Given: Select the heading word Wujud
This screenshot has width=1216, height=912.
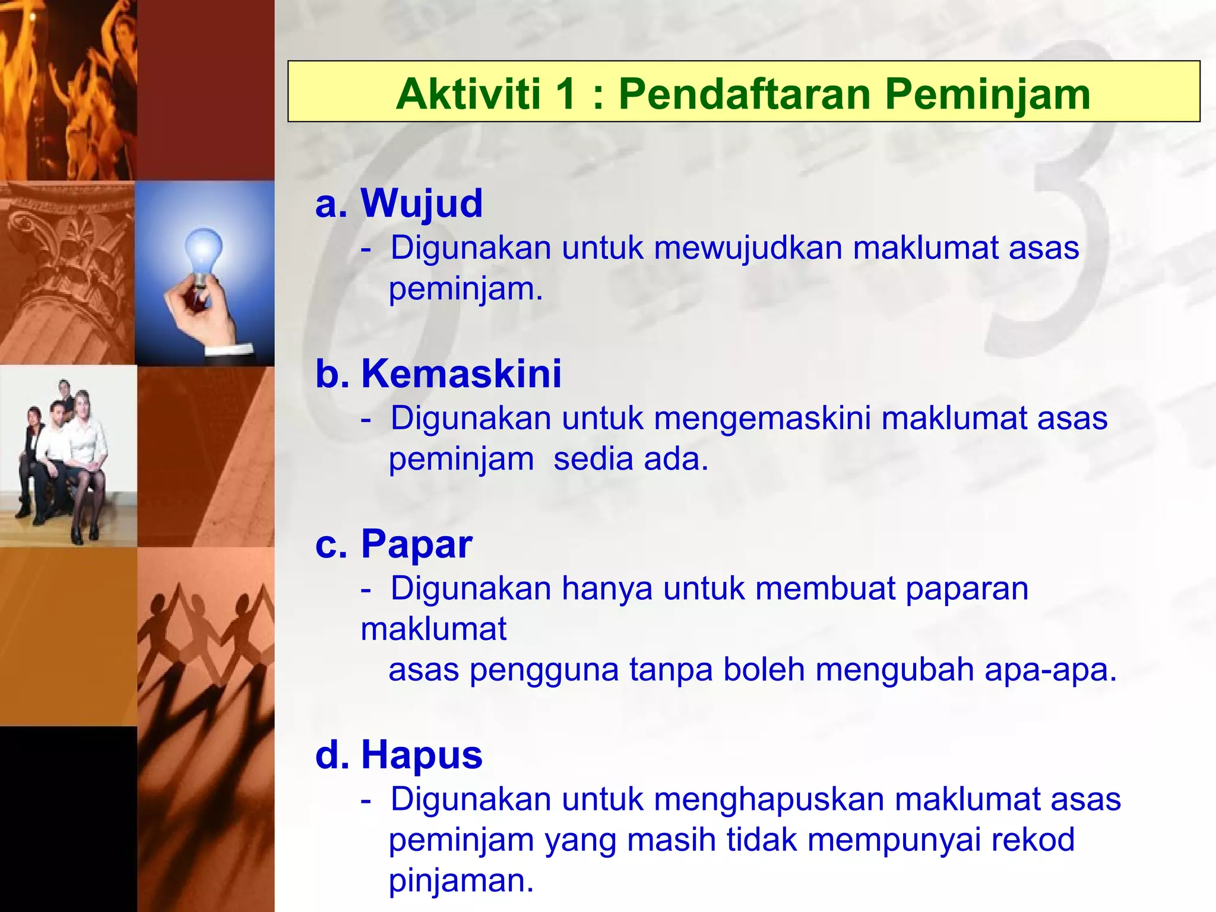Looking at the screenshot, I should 422,203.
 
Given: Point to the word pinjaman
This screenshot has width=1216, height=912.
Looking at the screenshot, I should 461,881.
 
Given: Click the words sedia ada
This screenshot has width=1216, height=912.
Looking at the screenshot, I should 631,459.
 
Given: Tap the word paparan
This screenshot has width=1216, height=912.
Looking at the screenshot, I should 967,588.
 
